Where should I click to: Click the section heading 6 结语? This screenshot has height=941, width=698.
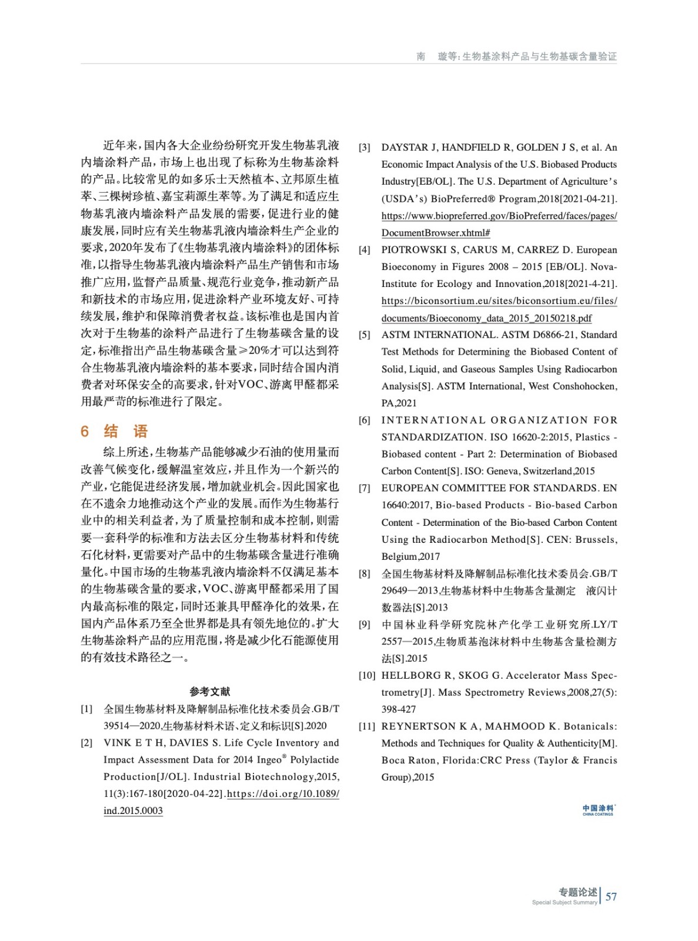pos(114,431)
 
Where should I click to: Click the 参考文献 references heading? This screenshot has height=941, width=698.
pos(210,692)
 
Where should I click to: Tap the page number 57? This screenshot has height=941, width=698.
pos(611,896)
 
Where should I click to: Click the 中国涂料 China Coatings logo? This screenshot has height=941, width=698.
pos(598,810)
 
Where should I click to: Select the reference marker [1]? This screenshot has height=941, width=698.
pos(86,709)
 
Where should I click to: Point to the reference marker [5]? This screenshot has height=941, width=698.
pos(365,335)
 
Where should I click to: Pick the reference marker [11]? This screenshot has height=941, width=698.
pos(367,726)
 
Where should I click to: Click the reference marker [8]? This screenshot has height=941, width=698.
pos(365,573)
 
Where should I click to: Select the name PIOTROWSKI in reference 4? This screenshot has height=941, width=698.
pos(414,250)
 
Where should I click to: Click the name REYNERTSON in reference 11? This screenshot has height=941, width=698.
pos(419,726)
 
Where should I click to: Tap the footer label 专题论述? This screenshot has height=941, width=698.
pos(577,892)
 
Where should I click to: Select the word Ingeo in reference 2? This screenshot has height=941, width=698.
pos(269,760)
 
